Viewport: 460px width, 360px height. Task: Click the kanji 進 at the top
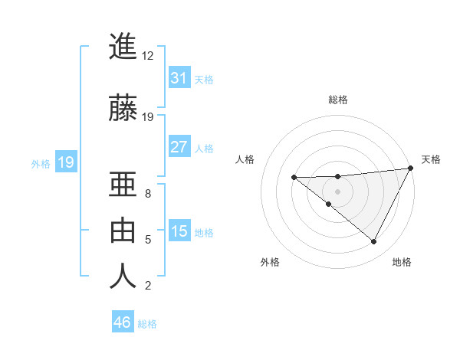tap(123, 47)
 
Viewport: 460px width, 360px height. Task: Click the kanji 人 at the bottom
tap(123, 277)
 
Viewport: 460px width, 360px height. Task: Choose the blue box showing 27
tap(179, 147)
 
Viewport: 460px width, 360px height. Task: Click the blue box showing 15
tap(179, 231)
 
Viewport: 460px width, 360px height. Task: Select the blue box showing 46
tap(123, 322)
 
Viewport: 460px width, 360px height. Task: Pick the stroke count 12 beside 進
tap(148, 56)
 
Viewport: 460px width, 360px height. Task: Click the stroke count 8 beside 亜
tap(148, 194)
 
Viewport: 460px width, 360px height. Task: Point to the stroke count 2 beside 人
tap(148, 286)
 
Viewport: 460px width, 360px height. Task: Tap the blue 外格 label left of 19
tap(40, 163)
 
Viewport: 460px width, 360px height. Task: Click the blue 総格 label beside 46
tap(147, 324)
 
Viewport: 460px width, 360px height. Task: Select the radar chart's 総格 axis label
tap(337, 100)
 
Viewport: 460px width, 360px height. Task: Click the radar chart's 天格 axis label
tap(431, 159)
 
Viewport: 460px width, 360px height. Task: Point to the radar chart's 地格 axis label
tap(402, 262)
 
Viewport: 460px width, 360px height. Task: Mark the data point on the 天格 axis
tap(411, 168)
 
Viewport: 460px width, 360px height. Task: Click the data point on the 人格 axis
tap(294, 178)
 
